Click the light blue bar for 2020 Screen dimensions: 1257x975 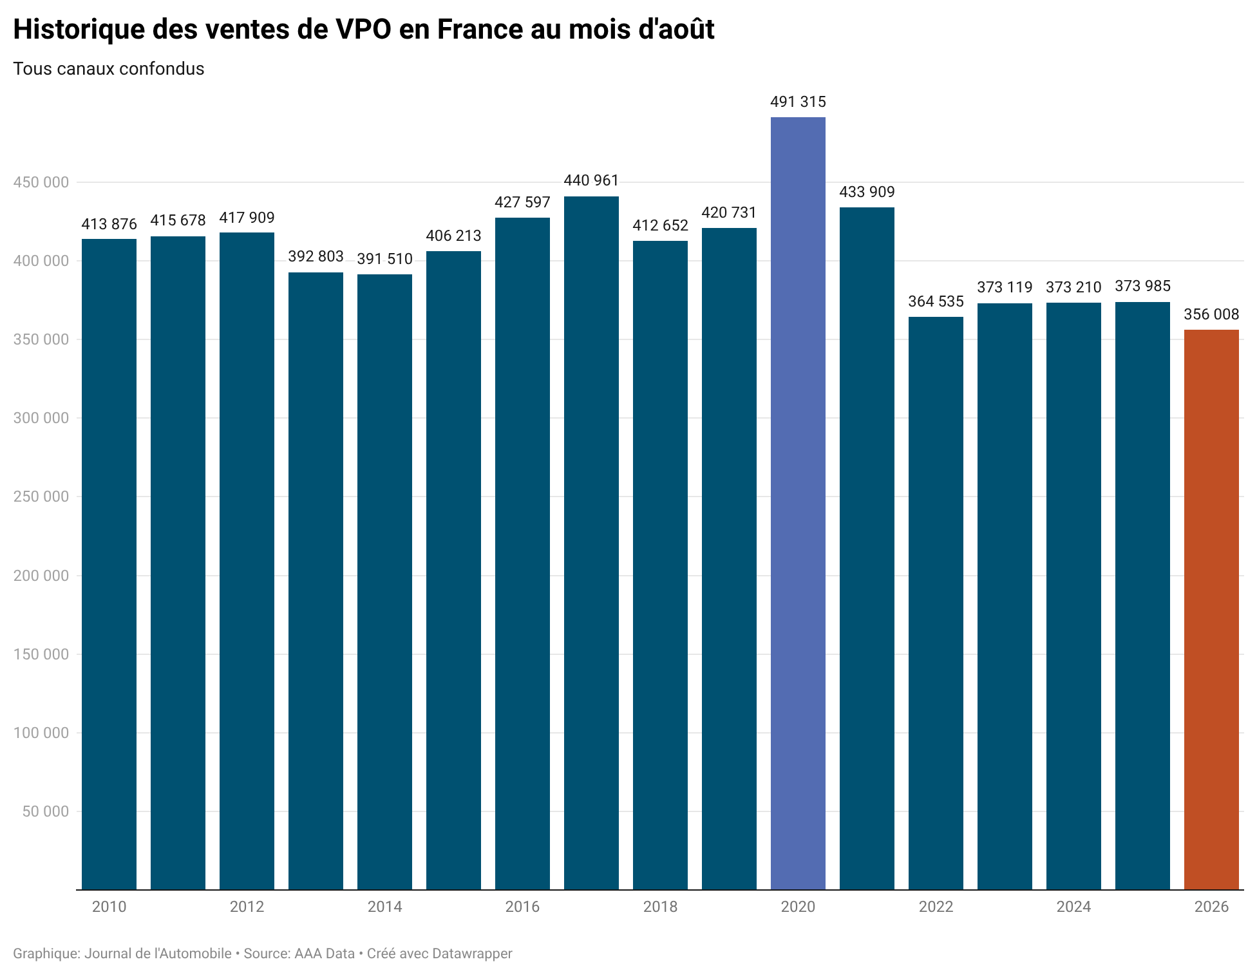[798, 503]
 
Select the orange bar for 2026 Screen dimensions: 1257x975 [1211, 609]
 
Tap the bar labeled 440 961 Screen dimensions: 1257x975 [591, 543]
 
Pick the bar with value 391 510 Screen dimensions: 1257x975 [384, 582]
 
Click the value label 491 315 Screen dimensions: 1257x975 [798, 102]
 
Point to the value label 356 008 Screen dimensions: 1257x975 [1211, 314]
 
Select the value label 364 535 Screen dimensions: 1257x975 [936, 301]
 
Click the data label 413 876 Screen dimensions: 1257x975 [109, 224]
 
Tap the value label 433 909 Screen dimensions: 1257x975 [867, 192]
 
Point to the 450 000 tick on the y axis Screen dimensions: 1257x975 [41, 182]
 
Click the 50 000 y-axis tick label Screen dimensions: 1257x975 [46, 811]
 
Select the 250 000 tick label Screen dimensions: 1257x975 [41, 497]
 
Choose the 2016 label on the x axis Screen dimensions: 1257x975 [522, 907]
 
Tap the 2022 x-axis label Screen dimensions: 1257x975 [936, 907]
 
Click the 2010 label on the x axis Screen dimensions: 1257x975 [109, 907]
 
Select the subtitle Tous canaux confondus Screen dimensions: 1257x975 [109, 69]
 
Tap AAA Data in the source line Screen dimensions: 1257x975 [325, 953]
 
